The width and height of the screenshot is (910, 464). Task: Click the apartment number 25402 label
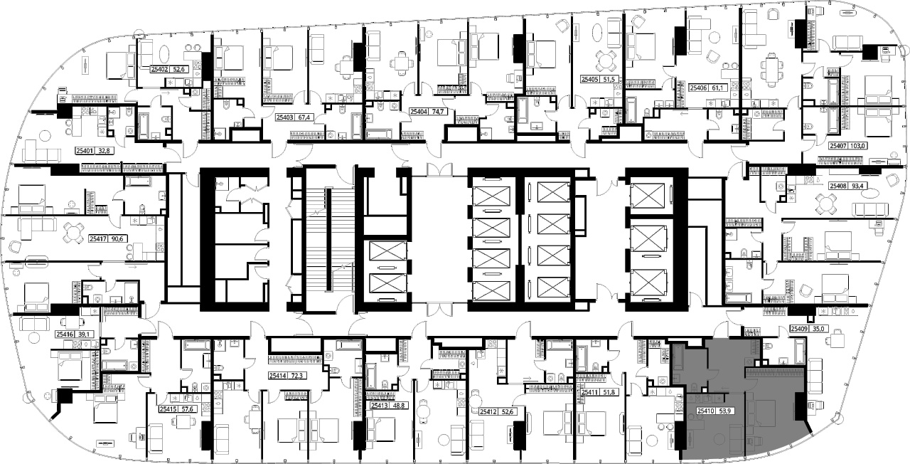click(x=159, y=70)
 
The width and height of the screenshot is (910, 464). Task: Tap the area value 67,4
click(x=304, y=117)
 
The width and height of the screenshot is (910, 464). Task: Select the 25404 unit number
click(x=419, y=112)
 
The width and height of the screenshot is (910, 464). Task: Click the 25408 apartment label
click(x=837, y=186)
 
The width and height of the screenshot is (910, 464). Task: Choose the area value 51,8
click(x=609, y=392)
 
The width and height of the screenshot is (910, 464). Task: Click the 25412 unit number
click(x=488, y=411)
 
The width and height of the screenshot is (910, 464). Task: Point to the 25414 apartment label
click(x=277, y=376)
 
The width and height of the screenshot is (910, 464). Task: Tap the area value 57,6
click(x=187, y=409)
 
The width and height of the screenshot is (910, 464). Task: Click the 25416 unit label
click(x=65, y=334)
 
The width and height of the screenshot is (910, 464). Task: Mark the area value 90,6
click(x=117, y=239)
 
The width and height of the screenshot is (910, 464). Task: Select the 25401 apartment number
click(x=85, y=151)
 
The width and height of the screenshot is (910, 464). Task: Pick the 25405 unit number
click(x=589, y=80)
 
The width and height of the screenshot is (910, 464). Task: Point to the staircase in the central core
click(x=331, y=240)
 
